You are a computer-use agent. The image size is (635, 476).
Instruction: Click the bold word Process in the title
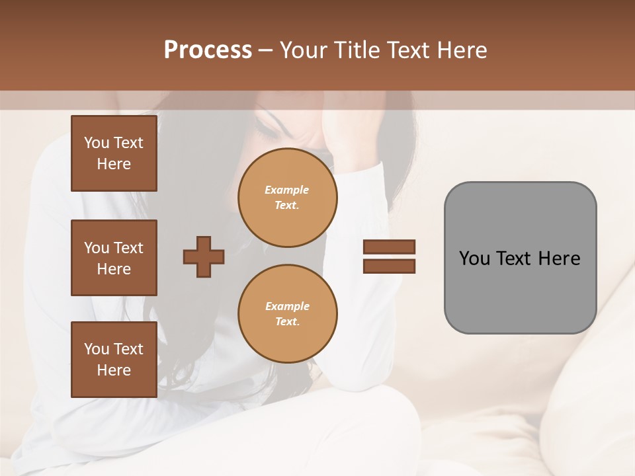point(208,50)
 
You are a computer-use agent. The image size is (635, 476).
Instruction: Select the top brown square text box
point(114,153)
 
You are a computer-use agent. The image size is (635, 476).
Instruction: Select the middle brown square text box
point(114,258)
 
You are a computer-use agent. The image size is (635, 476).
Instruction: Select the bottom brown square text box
point(114,360)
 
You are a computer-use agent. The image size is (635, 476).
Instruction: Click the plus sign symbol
point(204,257)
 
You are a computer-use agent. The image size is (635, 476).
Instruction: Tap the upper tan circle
point(288,198)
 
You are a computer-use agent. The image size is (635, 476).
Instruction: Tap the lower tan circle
point(288,314)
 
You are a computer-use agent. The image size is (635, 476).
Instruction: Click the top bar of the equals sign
point(389,247)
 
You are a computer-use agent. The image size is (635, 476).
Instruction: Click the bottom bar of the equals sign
point(389,266)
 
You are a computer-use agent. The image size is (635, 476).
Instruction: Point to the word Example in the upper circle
point(287,190)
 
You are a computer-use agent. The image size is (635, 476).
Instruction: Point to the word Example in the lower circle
point(287,306)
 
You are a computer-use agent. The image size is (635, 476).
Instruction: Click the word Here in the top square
point(114,164)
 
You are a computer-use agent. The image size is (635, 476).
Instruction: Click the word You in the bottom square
point(97,349)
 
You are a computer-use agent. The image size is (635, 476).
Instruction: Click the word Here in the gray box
point(559,258)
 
